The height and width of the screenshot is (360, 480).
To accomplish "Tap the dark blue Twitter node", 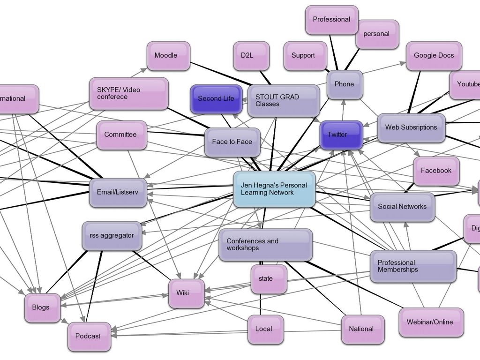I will click(341, 135).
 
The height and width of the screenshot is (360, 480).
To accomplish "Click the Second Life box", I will click(216, 99).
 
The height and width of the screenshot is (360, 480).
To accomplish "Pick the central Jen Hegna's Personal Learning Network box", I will click(274, 189).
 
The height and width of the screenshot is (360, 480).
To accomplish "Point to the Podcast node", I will click(89, 336).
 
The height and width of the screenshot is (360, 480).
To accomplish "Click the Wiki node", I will click(186, 293).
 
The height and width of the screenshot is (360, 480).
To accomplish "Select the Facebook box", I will click(436, 171).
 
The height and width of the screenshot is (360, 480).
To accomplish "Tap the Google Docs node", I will click(434, 56).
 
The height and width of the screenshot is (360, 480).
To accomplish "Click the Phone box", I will click(345, 84).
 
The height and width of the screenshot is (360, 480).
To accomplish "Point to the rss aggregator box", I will click(112, 236).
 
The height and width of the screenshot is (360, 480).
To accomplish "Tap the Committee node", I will click(121, 135).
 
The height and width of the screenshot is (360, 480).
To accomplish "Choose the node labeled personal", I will click(377, 34).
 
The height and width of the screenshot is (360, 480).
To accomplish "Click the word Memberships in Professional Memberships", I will click(398, 270).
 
